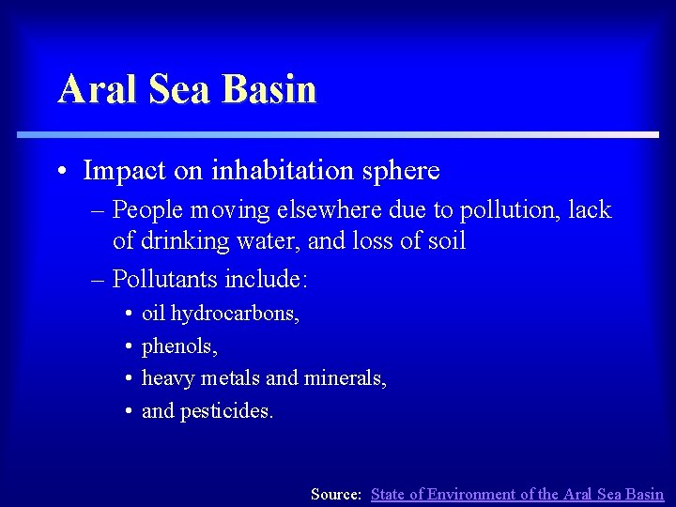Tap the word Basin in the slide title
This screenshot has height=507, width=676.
[271, 90]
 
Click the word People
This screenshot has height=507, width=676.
[152, 209]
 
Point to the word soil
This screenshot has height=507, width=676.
[445, 241]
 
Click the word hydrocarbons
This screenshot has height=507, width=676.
[235, 314]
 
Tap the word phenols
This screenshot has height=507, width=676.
[179, 346]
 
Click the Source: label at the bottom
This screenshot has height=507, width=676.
[336, 494]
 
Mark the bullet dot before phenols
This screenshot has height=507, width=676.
[128, 346]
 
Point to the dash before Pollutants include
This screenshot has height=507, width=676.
[99, 279]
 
